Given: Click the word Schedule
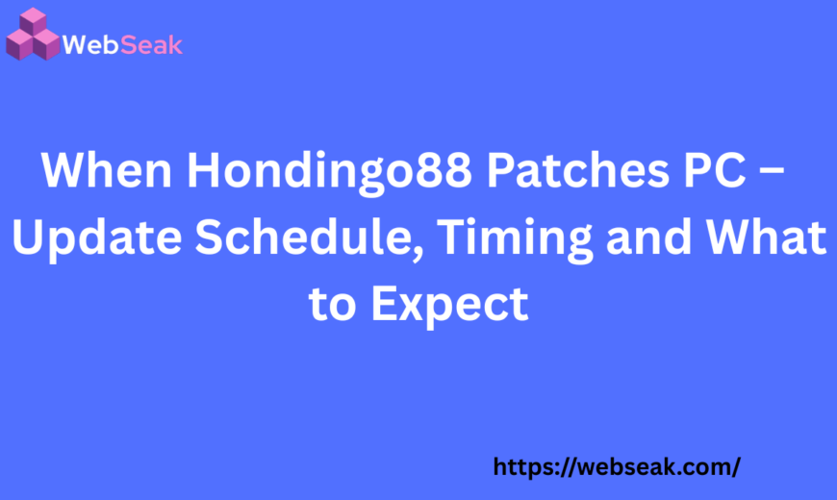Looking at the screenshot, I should (x=302, y=238).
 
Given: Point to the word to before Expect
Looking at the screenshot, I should (x=334, y=306).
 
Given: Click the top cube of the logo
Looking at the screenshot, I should (x=33, y=21).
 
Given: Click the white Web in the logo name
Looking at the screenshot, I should (x=90, y=44).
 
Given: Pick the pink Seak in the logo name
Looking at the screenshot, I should (x=151, y=44).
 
